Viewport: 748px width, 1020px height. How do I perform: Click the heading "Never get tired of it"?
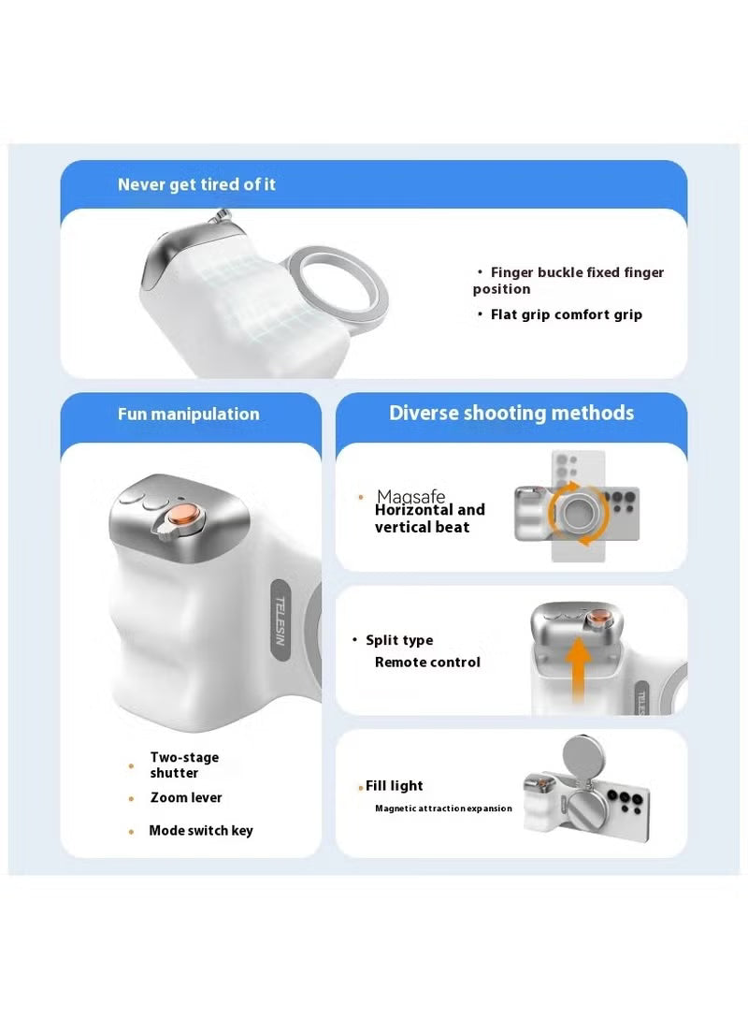[x=196, y=184]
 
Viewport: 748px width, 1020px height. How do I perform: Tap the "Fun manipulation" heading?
[x=189, y=415]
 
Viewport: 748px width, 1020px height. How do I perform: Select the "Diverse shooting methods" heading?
[x=511, y=413]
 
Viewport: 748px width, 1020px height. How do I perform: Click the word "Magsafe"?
[x=410, y=496]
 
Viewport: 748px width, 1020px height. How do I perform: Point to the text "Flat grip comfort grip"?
[x=566, y=314]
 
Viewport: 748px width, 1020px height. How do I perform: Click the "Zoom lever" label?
[x=186, y=797]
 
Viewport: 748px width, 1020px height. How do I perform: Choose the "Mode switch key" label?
[x=201, y=831]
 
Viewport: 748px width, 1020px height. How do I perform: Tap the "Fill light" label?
[x=394, y=786]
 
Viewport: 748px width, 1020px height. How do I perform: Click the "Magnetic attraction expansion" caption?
[x=443, y=809]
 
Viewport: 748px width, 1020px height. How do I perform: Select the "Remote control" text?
[x=427, y=663]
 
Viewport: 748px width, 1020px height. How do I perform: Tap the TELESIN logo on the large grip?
[x=280, y=620]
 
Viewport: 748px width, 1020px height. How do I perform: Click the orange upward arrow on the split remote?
[x=578, y=669]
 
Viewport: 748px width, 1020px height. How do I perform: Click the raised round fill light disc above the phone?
[x=583, y=756]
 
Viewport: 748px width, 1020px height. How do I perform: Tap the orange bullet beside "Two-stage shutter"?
[x=131, y=765]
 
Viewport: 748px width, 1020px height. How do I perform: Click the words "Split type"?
[x=399, y=640]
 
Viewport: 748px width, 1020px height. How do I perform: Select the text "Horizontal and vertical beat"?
[x=429, y=518]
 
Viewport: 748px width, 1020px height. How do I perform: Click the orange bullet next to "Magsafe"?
[x=361, y=498]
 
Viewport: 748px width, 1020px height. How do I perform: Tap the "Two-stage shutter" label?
[x=184, y=765]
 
